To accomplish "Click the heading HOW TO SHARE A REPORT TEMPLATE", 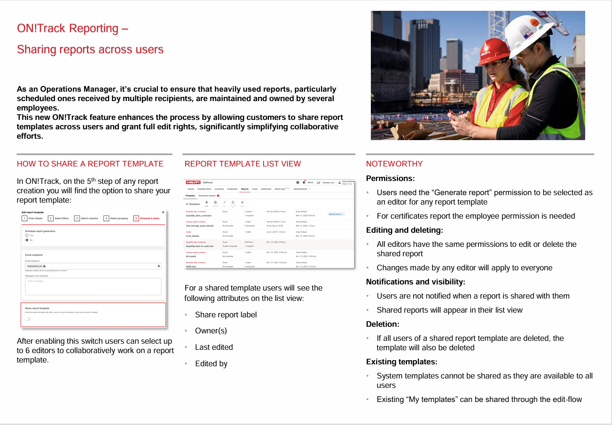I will (x=90, y=164).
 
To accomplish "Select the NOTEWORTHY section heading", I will (x=394, y=164).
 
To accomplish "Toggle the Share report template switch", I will (x=28, y=318).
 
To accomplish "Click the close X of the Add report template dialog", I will (x=163, y=212).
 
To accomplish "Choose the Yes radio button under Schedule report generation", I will (x=27, y=235).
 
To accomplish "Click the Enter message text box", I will (x=93, y=286).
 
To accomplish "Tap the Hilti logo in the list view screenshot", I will (x=193, y=182).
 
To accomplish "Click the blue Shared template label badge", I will (x=336, y=214).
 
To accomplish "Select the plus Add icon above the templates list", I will (x=207, y=202).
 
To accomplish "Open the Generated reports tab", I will (x=207, y=196).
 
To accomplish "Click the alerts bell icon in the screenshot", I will (x=304, y=182).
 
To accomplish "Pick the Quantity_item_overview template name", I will (x=198, y=216).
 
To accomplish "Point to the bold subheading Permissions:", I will (x=390, y=179).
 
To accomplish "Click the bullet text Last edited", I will (x=214, y=347).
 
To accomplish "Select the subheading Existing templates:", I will (x=401, y=362).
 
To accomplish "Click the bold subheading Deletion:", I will (x=383, y=324).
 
